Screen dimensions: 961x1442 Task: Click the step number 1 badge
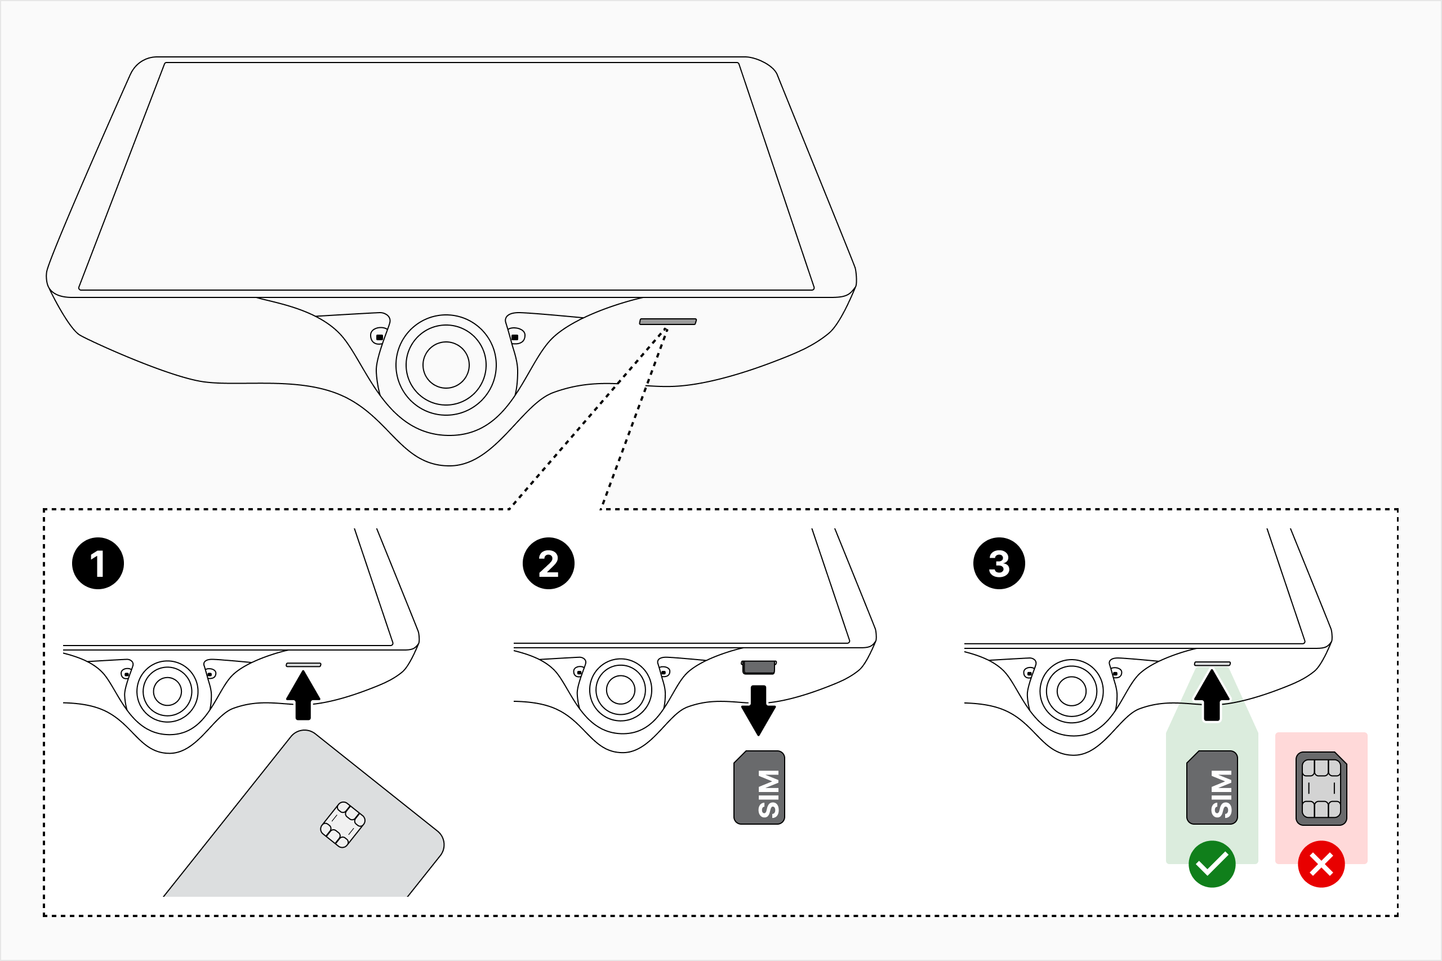pos(98,563)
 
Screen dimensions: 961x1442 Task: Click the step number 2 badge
pos(549,563)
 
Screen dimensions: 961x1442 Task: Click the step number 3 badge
pos(999,563)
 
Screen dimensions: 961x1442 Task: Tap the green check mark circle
pos(1212,864)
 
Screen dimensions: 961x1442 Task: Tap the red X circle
pos(1321,864)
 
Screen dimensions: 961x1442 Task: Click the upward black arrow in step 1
pos(304,696)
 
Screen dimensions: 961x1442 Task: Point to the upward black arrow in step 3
pos(1212,696)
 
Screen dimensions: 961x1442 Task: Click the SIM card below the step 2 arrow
pos(759,788)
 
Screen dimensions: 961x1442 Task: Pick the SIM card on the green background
pos(1212,788)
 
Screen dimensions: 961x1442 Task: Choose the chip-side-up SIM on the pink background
pos(1321,788)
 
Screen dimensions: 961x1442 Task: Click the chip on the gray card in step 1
pos(342,825)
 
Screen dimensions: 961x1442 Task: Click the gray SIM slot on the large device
pos(667,322)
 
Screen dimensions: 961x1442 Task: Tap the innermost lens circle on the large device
pos(446,365)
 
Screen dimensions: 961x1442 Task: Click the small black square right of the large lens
pos(515,337)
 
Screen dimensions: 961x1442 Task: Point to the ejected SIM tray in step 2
pos(759,668)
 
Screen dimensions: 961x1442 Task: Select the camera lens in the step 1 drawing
pos(167,692)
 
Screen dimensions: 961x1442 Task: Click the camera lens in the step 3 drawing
pos(1071,691)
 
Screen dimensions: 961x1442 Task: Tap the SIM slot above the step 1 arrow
pos(304,665)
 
